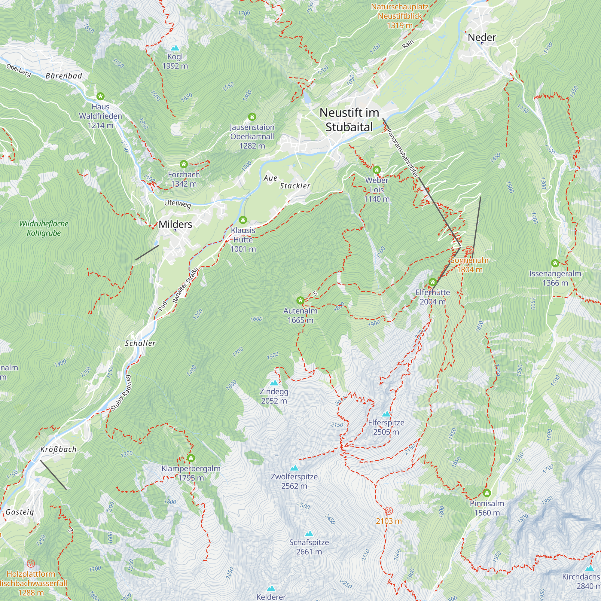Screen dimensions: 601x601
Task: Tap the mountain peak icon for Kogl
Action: click(x=175, y=48)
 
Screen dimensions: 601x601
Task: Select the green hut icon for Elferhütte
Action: click(x=432, y=282)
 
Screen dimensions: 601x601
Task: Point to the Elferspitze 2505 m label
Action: click(x=386, y=427)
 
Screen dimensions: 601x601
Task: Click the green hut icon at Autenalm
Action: click(x=300, y=300)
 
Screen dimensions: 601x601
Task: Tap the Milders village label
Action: click(x=175, y=224)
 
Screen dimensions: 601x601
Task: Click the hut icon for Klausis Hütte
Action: click(x=243, y=220)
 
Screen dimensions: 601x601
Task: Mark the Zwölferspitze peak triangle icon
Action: click(x=294, y=468)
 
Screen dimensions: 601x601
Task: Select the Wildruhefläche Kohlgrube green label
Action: click(x=44, y=228)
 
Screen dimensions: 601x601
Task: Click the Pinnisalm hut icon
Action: click(x=487, y=493)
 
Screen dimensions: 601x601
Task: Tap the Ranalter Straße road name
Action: click(x=185, y=285)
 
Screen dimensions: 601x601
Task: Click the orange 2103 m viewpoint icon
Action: click(x=389, y=511)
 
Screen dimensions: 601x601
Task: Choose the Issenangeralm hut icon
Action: click(x=555, y=263)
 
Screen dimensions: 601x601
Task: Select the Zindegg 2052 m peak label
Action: click(x=274, y=396)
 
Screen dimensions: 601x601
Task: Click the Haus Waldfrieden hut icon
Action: click(x=100, y=96)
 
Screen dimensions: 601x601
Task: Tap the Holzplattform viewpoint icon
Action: click(x=31, y=563)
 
